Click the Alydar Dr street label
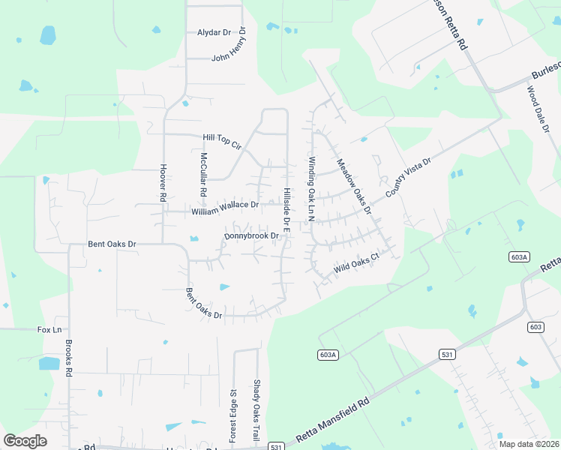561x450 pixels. [214, 32]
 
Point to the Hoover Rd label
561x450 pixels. [162, 183]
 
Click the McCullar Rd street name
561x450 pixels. [203, 175]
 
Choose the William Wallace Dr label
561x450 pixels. [225, 208]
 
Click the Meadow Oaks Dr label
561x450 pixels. [354, 187]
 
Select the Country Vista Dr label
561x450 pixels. [409, 178]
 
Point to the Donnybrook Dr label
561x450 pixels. [251, 236]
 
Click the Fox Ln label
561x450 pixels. [49, 329]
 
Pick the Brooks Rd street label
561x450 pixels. [68, 358]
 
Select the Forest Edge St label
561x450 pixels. [232, 415]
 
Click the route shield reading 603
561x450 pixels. [535, 326]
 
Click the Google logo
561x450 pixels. [25, 441]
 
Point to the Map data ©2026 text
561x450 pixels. [529, 444]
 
